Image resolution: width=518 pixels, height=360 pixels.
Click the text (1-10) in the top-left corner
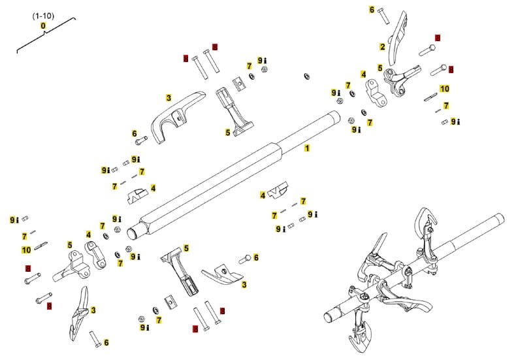coord(43,14)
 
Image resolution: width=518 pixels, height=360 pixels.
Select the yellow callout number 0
coord(43,25)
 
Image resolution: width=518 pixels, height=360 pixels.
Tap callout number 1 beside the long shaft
coord(306,148)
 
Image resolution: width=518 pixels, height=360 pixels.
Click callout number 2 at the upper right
coord(382,46)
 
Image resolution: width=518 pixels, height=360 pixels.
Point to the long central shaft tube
coord(235,173)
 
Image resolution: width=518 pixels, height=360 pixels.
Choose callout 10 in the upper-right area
coord(445,88)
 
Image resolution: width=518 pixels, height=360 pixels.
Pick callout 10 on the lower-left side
coord(26,250)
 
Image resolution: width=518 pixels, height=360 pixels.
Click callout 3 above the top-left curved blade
coord(169,97)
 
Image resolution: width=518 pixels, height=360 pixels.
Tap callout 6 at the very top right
coord(372,10)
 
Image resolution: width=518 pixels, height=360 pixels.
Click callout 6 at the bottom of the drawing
coord(106,342)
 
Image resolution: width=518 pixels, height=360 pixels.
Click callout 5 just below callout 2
coord(380,67)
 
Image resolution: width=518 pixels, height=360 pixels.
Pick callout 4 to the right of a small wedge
coord(153,188)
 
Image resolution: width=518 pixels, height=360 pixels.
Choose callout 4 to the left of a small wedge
coord(263,195)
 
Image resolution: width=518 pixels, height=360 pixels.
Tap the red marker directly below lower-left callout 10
coord(27,268)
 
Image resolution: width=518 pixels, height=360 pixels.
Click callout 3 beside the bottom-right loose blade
coord(244,285)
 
